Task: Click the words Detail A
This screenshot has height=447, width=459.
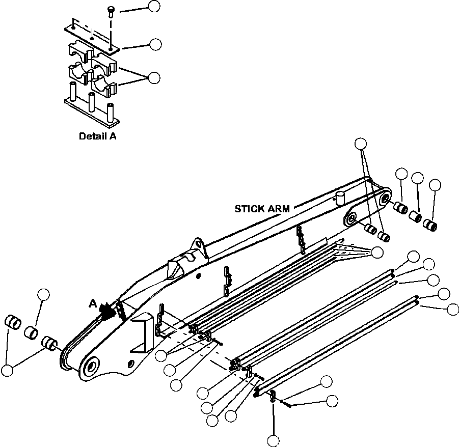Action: point(98,136)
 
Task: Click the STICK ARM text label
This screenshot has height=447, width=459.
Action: point(262,209)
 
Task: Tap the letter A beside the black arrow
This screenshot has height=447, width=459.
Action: point(93,304)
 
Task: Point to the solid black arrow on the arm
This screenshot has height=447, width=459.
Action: point(106,310)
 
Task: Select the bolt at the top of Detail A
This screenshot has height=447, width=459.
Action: point(111,12)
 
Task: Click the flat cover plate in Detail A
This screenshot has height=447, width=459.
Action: point(92,37)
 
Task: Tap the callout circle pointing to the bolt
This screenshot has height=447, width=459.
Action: point(154,6)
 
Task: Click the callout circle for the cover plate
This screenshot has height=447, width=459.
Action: point(155,44)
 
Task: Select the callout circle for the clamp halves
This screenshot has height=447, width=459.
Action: point(154,78)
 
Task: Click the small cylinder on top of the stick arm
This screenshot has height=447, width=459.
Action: point(340,199)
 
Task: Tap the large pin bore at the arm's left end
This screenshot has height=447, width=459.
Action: point(91,366)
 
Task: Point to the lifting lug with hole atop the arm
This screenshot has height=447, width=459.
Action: point(199,247)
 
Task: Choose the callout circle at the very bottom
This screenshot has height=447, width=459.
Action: point(274,441)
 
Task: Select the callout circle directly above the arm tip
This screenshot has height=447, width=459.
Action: point(361,144)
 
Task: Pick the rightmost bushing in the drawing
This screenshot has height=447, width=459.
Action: point(430,225)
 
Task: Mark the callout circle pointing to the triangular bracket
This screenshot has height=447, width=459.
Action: point(377,253)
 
